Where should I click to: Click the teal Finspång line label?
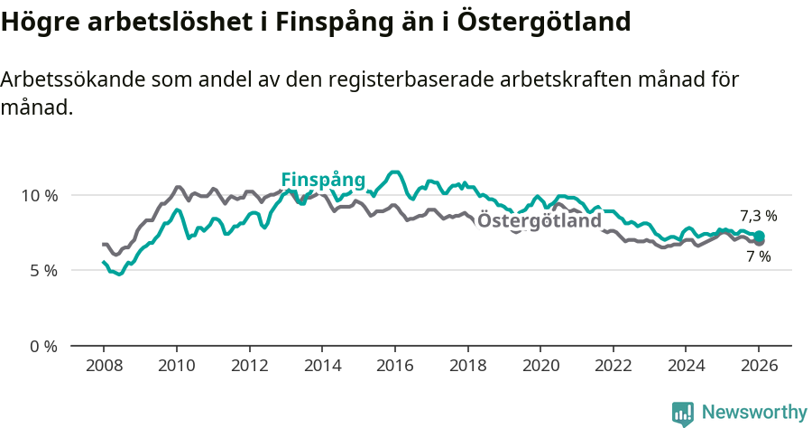[x=323, y=179]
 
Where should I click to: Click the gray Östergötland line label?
[x=539, y=221]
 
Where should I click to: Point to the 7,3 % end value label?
[x=758, y=216]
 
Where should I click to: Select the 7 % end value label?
[x=758, y=256]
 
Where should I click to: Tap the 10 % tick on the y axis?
[x=39, y=195]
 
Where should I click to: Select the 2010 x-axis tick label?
[x=176, y=366]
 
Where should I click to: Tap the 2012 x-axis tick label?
[x=249, y=366]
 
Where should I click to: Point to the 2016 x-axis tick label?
[x=394, y=366]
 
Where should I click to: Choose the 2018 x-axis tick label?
[x=467, y=366]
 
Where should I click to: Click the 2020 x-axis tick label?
[x=540, y=366]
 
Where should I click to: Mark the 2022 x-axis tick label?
[x=613, y=366]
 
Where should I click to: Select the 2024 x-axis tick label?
[x=686, y=366]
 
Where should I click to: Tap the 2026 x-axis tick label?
[x=759, y=366]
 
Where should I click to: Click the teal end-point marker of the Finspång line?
[x=759, y=237]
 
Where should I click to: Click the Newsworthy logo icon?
[x=683, y=413]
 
